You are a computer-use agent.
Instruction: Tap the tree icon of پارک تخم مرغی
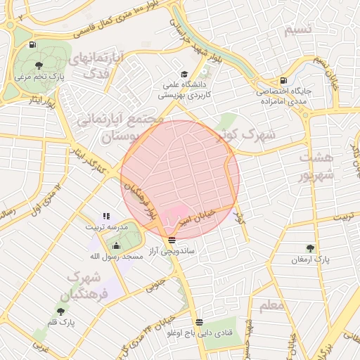38,65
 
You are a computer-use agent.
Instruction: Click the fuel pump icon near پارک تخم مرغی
33,45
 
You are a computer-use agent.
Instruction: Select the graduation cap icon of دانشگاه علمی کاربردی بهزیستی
184,75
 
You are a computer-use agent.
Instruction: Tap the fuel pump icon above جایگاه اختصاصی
283,80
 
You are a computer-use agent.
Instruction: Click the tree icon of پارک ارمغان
310,248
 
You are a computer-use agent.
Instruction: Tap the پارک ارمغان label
310,259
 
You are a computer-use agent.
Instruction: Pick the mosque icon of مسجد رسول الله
116,245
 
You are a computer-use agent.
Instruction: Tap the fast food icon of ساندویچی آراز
172,239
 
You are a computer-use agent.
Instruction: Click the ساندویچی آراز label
172,250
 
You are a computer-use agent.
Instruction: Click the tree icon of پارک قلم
61,309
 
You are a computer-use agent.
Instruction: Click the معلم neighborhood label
271,306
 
